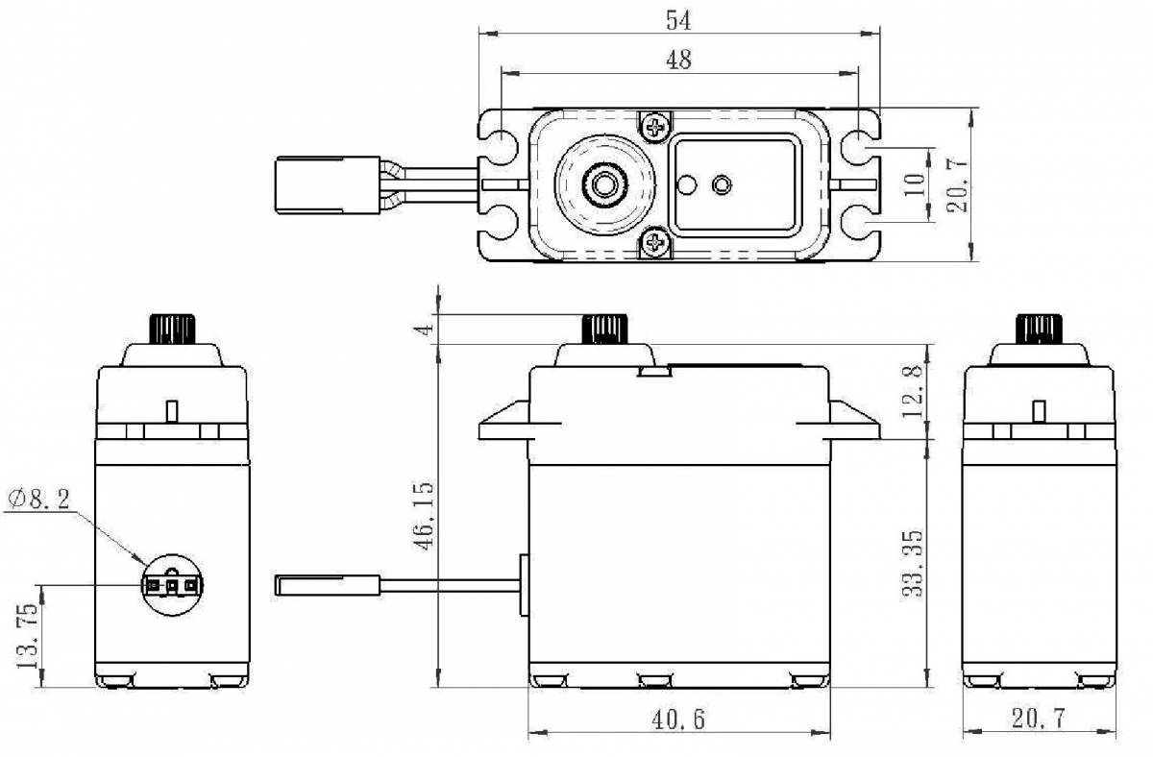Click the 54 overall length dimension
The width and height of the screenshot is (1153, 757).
679,20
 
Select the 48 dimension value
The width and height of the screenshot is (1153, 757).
678,60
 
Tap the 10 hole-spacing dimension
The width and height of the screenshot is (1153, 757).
916,184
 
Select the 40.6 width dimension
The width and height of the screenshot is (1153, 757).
678,720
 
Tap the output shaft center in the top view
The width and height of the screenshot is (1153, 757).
604,183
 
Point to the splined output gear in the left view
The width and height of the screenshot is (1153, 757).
172,329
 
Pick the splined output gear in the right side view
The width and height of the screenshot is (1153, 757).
1040,329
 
